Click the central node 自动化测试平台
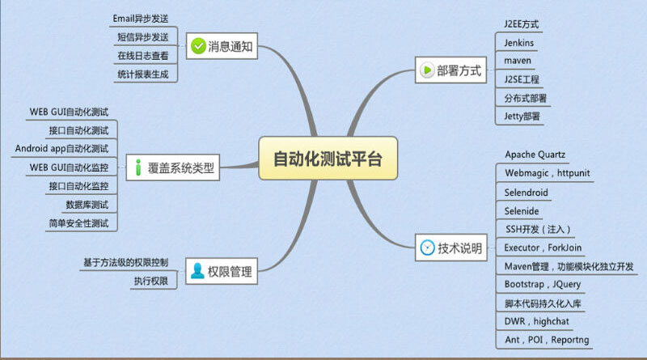(328, 159)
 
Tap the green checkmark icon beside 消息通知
(198, 46)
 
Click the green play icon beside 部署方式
(427, 70)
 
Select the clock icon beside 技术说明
(427, 248)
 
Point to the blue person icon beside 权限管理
(197, 271)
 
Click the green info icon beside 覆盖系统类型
(138, 167)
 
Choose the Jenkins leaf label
(518, 43)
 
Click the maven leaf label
(518, 61)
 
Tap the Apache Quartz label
(535, 155)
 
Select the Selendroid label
(526, 193)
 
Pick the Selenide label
(522, 211)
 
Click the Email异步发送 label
(141, 19)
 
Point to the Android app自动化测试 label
(62, 149)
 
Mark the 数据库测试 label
(87, 205)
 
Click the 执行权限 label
(151, 282)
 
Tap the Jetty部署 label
(522, 116)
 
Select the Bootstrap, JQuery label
(543, 285)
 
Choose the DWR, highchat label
(536, 321)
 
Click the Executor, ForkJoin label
(543, 248)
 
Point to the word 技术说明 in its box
(459, 248)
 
